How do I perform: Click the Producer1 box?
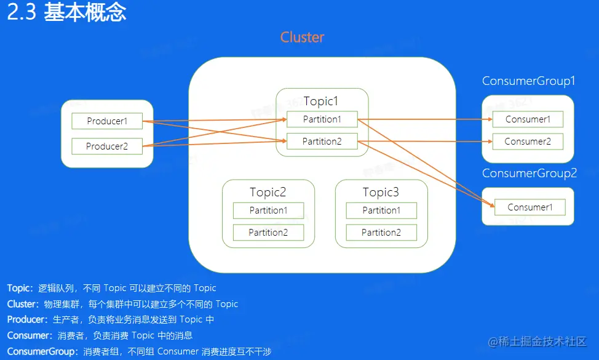(107, 121)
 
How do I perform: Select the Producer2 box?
(107, 146)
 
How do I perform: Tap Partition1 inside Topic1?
(322, 119)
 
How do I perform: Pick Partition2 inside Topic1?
(322, 142)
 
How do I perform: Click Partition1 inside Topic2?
(268, 210)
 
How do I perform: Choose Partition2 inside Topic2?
(268, 233)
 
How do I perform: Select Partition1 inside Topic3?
(381, 210)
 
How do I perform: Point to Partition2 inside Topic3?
(381, 233)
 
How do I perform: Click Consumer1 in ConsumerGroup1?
(528, 119)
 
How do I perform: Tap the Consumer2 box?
(528, 142)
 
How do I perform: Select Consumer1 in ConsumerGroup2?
(530, 207)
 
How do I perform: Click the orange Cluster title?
(302, 38)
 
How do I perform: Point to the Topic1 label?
(321, 101)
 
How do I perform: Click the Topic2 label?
(268, 193)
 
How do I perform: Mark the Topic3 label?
(381, 193)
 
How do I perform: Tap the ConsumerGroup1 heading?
(528, 81)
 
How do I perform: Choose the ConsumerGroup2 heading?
(529, 174)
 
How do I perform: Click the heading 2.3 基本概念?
(66, 13)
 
